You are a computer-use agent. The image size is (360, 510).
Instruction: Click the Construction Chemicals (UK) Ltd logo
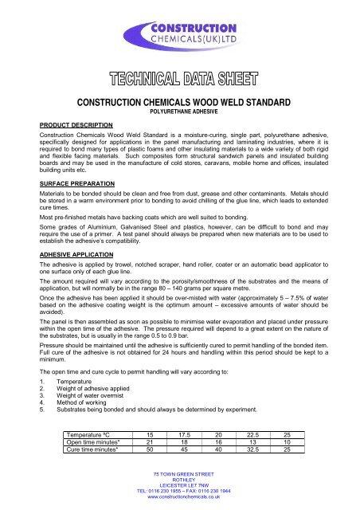pos(179,37)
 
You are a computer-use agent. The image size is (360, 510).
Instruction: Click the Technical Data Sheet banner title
pos(179,82)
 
